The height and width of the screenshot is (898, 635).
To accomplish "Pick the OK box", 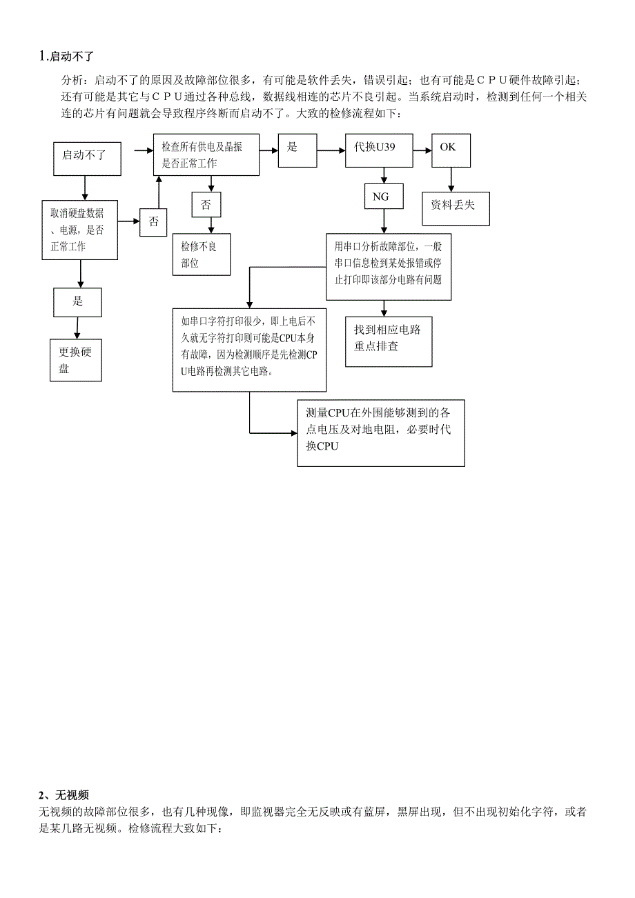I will tap(451, 150).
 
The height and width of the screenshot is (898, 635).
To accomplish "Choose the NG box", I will tap(380, 197).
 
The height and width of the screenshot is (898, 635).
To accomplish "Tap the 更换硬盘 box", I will tap(75, 359).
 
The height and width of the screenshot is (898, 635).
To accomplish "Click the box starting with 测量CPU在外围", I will tap(380, 432).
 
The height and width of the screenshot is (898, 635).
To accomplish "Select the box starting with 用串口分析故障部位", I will tap(389, 266).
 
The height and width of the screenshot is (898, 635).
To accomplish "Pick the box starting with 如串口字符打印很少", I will tap(249, 349).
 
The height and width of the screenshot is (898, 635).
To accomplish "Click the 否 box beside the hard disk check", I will tap(154, 222).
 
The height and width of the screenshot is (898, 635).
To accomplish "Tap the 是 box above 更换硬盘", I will tap(78, 301).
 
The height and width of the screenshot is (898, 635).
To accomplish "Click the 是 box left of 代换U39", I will tap(297, 149).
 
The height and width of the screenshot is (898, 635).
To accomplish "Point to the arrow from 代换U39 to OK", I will tap(422, 149).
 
